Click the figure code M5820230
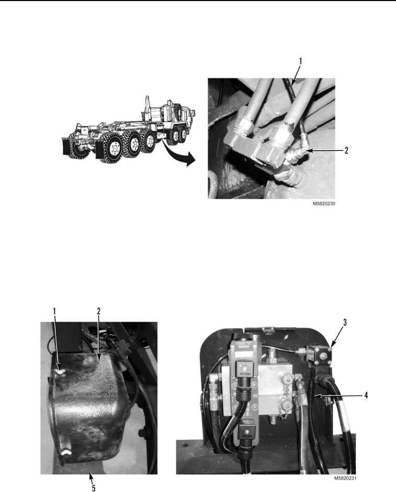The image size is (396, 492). click(324, 203)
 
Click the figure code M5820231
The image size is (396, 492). click(345, 478)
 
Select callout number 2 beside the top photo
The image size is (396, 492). click(346, 150)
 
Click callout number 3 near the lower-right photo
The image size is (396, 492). click(345, 323)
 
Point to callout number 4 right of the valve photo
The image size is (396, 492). click(366, 395)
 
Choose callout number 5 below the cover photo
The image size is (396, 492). click(93, 488)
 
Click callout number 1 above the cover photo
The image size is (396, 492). click(54, 311)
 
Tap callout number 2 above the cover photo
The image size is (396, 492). click(98, 311)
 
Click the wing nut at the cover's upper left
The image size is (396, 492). click(59, 372)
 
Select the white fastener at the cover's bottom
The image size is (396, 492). click(66, 452)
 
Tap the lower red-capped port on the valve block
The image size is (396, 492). click(286, 405)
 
